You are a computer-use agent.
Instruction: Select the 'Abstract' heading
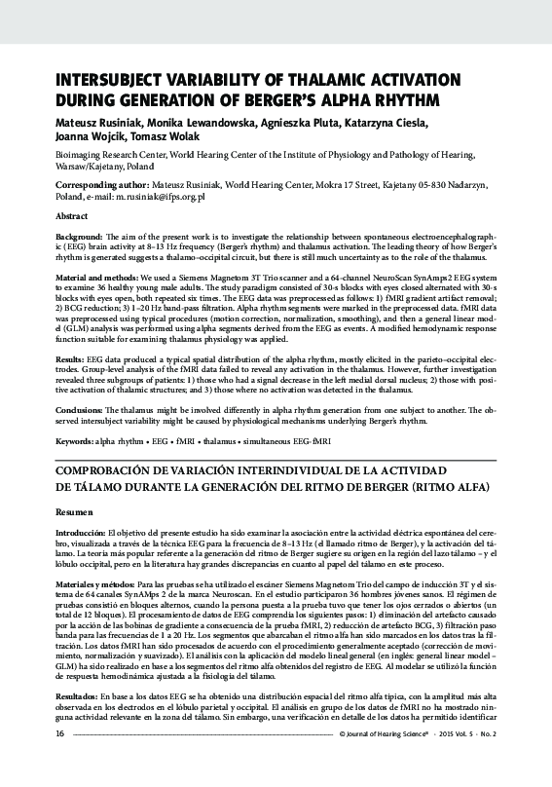pos(73,215)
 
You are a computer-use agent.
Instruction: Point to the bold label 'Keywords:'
pos(74,441)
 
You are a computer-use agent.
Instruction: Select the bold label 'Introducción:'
pos(81,533)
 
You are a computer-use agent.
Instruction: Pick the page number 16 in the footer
pos(60,761)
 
